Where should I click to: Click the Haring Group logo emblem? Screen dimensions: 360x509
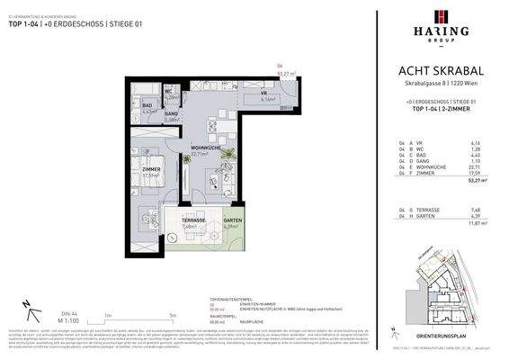(440, 17)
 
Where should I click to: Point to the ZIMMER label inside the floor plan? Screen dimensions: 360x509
(151, 167)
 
